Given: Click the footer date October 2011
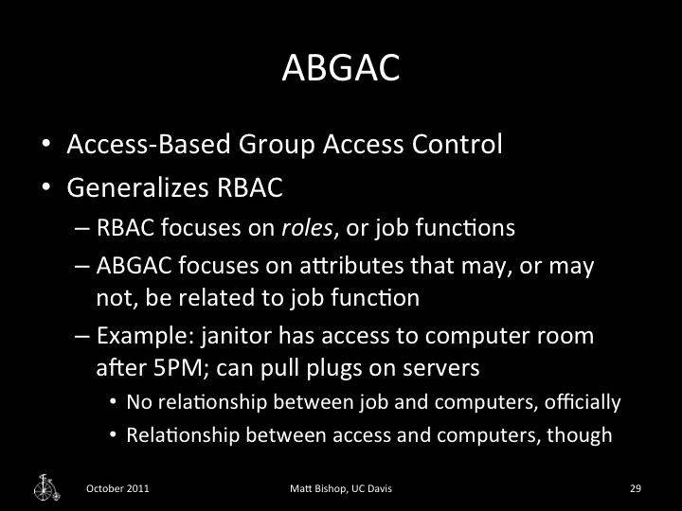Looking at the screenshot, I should click(117, 488).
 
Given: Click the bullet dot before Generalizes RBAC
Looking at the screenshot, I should click(45, 187).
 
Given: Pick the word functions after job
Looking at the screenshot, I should click(479, 229).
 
